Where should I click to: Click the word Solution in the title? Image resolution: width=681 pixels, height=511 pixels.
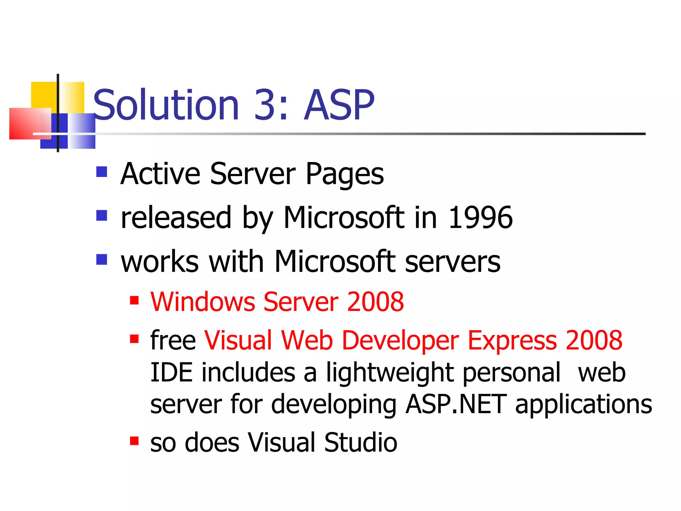pos(166,105)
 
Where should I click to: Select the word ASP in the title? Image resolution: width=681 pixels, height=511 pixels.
pos(339,105)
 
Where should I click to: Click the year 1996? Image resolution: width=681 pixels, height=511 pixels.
pos(480,218)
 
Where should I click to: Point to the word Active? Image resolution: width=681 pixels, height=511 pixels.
pos(160,174)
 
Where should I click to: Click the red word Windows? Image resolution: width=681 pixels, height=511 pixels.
pos(203,302)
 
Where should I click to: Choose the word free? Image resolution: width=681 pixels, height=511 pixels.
pos(173,340)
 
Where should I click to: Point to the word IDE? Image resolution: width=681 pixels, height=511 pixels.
pos(171,372)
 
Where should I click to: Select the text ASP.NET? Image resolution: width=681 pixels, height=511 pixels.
pos(456,404)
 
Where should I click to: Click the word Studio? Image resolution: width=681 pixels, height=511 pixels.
pos(360,442)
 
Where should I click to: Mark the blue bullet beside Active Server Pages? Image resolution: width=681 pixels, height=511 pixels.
pos(102,172)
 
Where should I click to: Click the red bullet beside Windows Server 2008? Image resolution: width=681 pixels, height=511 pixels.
pos(134,300)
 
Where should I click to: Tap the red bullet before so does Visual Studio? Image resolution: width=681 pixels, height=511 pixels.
pos(134,441)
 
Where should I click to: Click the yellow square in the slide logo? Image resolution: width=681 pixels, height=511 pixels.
pos(43,95)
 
